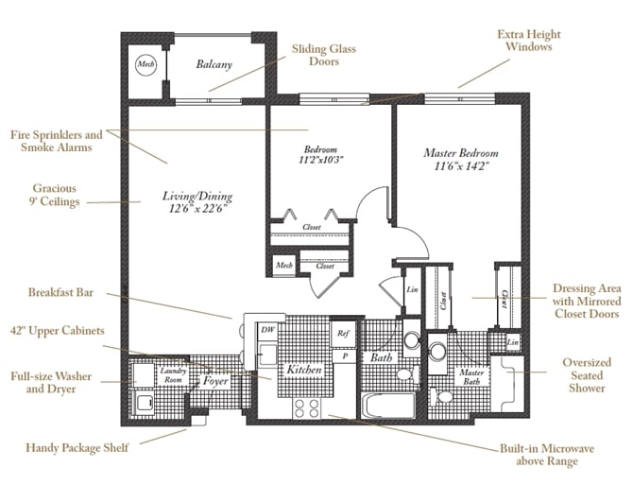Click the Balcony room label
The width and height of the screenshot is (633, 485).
(x=214, y=64)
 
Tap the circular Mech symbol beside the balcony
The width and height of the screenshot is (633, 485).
(x=145, y=64)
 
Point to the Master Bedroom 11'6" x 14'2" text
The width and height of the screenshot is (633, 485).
(x=461, y=160)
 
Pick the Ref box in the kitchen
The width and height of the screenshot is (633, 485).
(x=344, y=333)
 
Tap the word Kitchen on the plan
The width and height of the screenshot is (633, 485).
(x=305, y=371)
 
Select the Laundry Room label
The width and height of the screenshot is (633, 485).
(x=173, y=374)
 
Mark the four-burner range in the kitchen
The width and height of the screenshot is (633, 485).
(x=307, y=407)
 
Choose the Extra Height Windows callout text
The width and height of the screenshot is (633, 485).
(x=524, y=40)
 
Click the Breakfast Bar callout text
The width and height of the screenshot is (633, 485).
(x=60, y=292)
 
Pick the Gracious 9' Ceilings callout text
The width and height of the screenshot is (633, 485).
(x=55, y=195)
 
